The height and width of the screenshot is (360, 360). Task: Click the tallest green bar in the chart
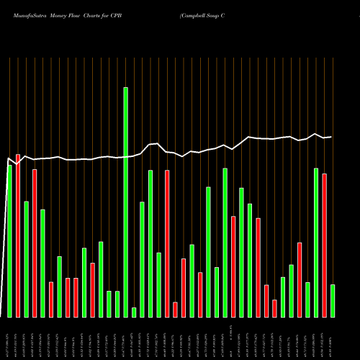tap(126, 202)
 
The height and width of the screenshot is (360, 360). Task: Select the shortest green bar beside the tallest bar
tap(134, 312)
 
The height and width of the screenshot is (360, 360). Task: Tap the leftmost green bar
tap(10, 241)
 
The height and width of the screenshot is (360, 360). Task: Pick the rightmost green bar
tap(333, 300)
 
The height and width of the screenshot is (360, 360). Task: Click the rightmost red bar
tap(324, 245)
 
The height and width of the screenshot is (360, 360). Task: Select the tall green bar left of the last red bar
tap(316, 242)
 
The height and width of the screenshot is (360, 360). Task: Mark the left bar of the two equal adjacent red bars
tap(68, 297)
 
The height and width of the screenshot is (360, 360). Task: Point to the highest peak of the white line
tap(315, 133)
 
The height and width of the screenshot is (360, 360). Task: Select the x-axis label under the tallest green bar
tap(126, 338)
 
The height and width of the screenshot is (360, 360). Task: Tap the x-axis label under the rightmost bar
tap(333, 338)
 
